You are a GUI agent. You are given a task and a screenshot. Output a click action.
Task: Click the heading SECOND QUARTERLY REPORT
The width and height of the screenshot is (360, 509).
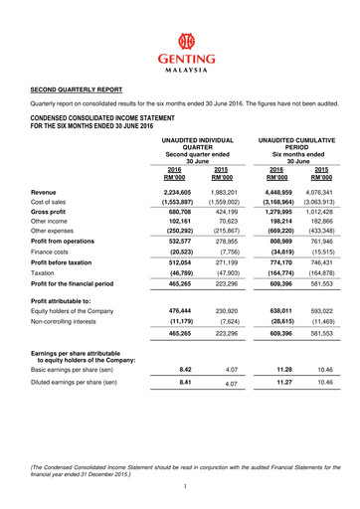pos(83,88)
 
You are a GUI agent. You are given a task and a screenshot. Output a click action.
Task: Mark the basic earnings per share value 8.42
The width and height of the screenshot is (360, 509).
pos(190,368)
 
